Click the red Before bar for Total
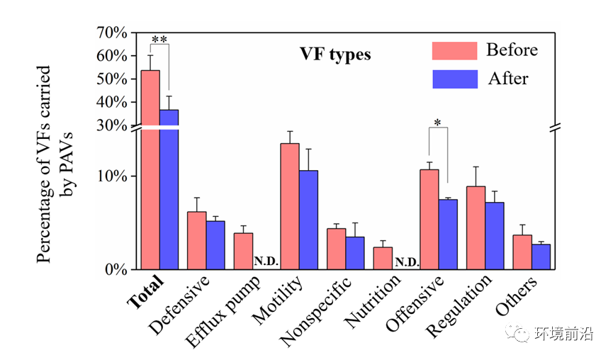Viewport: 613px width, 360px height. tap(150, 170)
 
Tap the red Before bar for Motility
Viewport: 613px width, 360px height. tap(289, 206)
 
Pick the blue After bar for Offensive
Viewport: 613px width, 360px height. tap(448, 235)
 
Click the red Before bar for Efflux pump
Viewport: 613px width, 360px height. tap(243, 251)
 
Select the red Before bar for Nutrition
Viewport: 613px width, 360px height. tap(383, 258)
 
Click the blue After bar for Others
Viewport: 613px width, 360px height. tap(541, 257)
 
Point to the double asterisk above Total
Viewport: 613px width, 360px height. tap(159, 40)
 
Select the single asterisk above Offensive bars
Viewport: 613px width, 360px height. tap(438, 123)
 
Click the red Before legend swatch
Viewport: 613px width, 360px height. tap(454, 50)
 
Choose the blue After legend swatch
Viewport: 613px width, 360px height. tap(454, 78)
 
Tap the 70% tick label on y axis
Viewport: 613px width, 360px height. tap(112, 33)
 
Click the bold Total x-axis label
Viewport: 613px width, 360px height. tap(147, 291)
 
